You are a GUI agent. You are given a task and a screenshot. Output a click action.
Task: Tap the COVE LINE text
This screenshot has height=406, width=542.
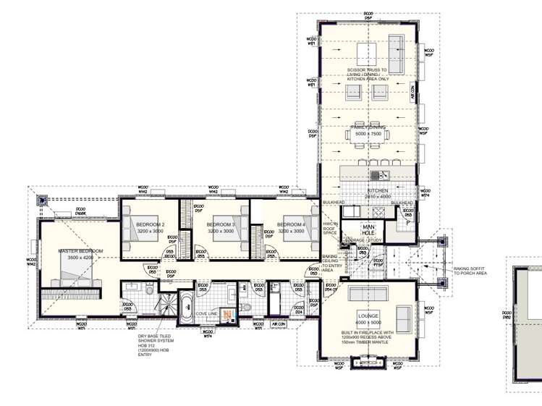[x=207, y=313]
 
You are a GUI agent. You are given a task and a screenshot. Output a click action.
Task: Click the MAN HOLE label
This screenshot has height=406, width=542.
[x=369, y=231]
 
